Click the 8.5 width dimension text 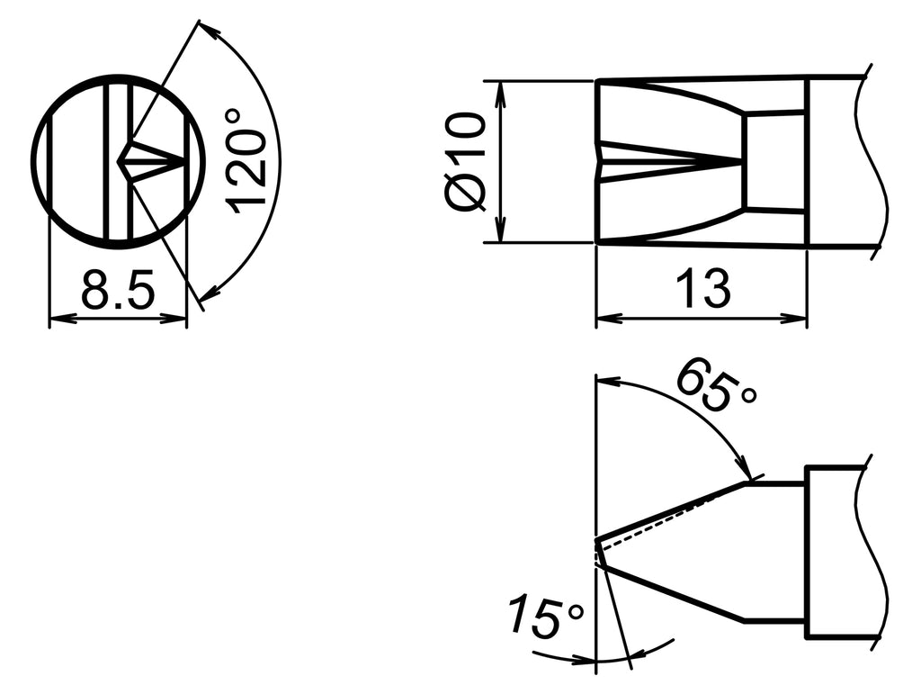[118, 291]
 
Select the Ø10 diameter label [467, 162]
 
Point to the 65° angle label [715, 385]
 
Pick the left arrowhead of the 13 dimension [605, 318]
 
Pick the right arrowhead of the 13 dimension [798, 318]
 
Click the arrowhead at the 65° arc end [745, 472]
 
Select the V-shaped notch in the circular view [135, 163]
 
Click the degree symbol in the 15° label [574, 613]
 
